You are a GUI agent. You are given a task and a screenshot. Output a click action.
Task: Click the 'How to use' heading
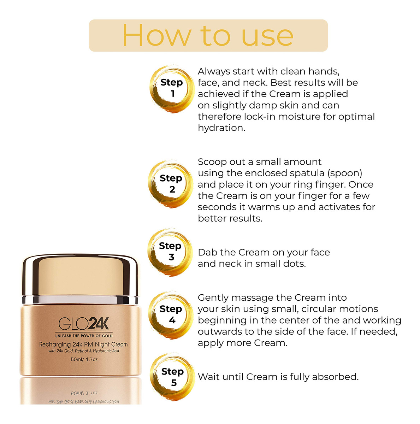pyautogui.click(x=208, y=35)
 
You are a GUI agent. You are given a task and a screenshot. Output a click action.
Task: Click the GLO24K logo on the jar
pyautogui.click(x=84, y=323)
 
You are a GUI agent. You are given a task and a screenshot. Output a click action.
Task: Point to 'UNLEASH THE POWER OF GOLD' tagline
pyautogui.click(x=84, y=336)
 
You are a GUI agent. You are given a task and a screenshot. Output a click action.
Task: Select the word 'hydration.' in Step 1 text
pyautogui.click(x=221, y=128)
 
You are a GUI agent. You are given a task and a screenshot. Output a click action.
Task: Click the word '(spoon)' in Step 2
pyautogui.click(x=345, y=173)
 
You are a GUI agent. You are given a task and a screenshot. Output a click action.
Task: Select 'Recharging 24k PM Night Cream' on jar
pyautogui.click(x=83, y=344)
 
